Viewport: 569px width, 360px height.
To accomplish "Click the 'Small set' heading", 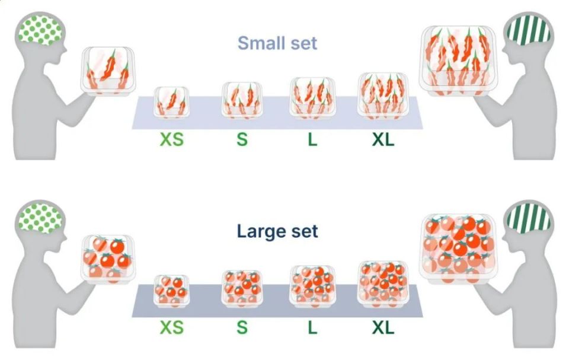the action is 277,43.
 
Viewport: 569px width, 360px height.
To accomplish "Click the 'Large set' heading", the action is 277,231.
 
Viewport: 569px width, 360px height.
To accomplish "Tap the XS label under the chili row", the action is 172,139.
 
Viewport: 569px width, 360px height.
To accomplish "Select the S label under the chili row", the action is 242,139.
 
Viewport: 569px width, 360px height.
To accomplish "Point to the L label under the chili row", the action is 312,139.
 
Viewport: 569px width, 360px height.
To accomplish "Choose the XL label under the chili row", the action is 383,139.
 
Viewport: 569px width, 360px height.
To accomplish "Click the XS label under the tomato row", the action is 172,327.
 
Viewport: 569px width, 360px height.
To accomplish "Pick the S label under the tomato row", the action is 242,327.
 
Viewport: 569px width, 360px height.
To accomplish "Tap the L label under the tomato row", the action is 312,327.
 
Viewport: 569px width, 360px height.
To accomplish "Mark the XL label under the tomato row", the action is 383,327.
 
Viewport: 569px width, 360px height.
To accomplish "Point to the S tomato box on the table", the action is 242,288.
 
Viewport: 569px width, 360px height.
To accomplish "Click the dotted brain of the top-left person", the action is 40,30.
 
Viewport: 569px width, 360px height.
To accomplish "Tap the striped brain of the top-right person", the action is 529,30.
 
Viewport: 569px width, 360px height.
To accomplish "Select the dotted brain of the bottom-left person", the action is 40,218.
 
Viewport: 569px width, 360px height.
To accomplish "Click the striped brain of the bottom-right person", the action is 529,218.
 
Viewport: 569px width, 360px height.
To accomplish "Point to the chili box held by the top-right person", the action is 458,62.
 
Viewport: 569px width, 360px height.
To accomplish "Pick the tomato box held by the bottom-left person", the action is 108,259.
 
